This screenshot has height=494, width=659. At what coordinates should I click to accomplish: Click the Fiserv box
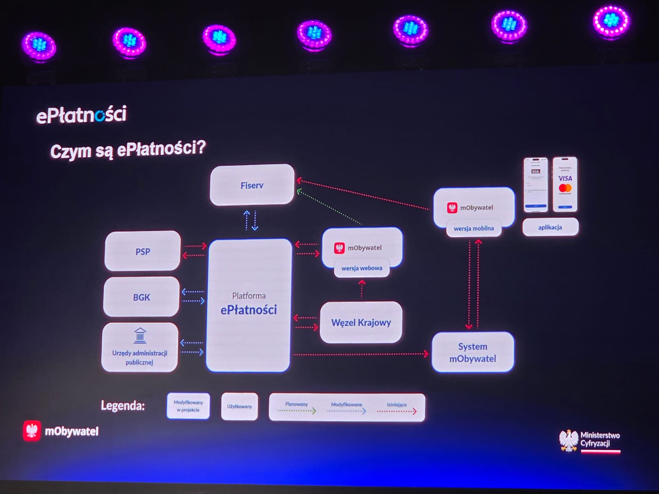[x=252, y=185]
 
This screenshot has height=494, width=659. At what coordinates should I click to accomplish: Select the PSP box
[x=143, y=251]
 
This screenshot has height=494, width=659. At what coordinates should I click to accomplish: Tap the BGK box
[x=141, y=297]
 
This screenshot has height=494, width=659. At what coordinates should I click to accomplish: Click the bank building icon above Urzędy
[x=140, y=336]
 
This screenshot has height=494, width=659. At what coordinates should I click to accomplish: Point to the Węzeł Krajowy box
[x=361, y=322]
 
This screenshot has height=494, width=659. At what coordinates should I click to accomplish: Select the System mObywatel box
[x=472, y=352]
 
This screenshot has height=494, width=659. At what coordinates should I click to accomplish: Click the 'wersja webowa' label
[x=362, y=268]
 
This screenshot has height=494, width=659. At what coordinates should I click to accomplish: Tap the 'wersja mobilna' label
[x=474, y=228]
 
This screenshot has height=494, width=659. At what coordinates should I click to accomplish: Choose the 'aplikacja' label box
[x=550, y=227]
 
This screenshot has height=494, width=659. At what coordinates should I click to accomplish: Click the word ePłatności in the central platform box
[x=248, y=310]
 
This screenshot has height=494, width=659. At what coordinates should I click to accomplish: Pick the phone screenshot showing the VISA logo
[x=565, y=184]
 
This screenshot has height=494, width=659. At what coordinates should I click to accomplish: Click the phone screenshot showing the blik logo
[x=535, y=184]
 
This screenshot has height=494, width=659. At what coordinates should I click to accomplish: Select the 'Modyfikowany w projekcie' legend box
[x=188, y=406]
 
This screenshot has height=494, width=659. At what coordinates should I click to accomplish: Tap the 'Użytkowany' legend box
[x=239, y=406]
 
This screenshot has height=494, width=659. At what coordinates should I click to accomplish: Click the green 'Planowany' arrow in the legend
[x=297, y=411]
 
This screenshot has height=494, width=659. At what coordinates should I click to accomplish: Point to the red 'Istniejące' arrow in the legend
[x=397, y=411]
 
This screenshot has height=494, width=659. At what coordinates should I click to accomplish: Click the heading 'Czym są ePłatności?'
[x=128, y=149]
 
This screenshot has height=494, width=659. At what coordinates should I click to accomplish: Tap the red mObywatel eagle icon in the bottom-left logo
[x=32, y=431]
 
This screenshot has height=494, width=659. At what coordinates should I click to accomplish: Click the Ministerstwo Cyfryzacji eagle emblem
[x=569, y=440]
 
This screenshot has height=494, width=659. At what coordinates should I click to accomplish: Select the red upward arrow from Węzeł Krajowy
[x=362, y=289]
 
